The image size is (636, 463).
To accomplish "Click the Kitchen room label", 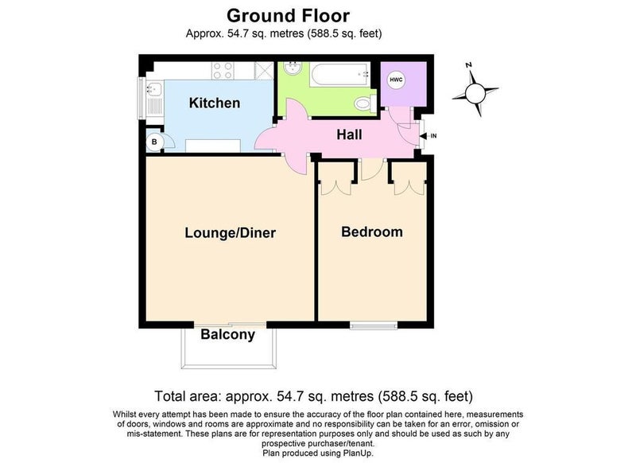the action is click(215, 103).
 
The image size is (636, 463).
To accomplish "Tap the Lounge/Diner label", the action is click(231, 233).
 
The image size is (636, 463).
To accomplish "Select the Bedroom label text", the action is click(372, 232).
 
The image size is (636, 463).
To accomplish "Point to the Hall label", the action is click(349, 134).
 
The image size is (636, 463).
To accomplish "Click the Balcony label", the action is click(228, 335).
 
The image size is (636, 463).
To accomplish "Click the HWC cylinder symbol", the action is click(396, 80).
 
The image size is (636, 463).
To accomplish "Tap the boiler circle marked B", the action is click(154, 142).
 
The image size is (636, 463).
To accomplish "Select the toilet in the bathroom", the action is click(366, 103).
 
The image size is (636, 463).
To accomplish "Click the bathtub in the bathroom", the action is click(340, 74).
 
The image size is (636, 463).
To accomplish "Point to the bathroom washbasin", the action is click(293, 68).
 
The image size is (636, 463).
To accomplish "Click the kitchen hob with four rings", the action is click(223, 71).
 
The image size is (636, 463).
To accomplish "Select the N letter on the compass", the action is click(468, 64).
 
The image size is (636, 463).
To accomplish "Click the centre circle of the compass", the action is click(475, 93).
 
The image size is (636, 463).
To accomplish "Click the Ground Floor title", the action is click(288, 16).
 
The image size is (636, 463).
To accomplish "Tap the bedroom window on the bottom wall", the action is click(374, 325).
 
